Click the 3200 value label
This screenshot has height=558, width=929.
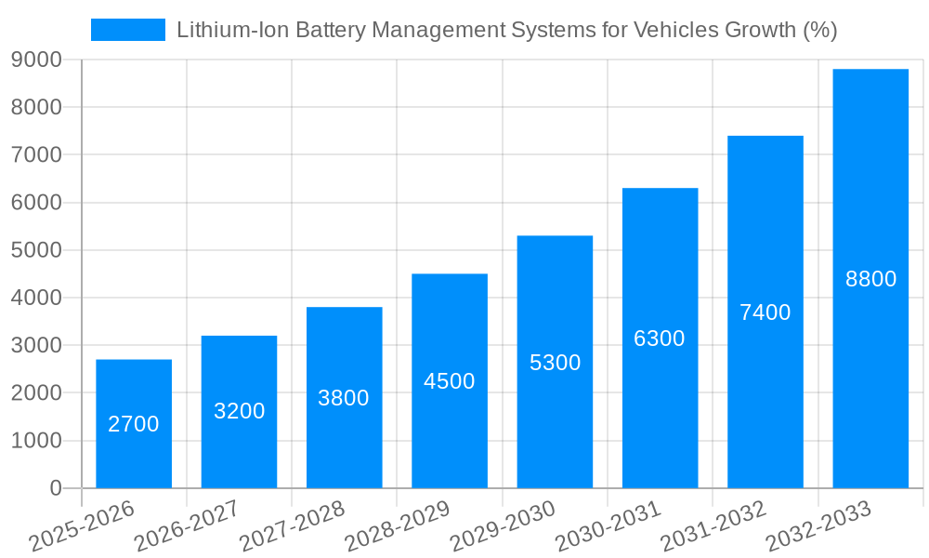239,410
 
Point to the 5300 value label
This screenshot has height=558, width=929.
555,363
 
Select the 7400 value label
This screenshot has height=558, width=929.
765,312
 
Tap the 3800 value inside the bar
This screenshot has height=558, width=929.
344,398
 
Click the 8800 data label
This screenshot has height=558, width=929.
870,279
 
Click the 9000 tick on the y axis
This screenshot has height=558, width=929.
36,60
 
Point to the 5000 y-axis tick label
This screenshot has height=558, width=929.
36,250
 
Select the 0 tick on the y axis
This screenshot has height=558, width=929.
55,488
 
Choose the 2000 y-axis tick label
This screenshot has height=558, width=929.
36,393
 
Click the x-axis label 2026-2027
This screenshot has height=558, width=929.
187,525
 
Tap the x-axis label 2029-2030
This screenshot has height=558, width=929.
503,525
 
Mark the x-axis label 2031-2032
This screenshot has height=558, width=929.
713,525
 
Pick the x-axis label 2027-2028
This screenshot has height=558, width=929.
292,525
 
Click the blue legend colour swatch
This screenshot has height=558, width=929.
127,30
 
